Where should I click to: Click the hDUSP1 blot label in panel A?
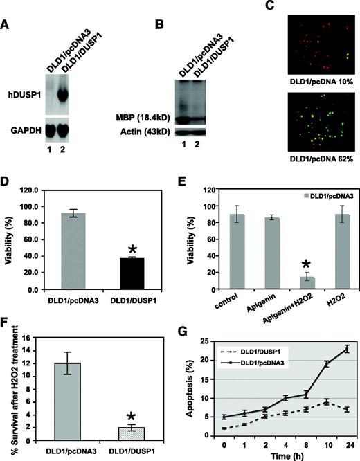[24, 96]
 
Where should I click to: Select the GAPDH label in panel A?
[26, 130]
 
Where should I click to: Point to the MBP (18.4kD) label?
[143, 118]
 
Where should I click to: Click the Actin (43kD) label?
[145, 132]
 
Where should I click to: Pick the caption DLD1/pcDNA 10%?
[321, 82]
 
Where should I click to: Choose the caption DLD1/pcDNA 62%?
[321, 159]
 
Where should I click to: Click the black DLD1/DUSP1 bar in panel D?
[132, 273]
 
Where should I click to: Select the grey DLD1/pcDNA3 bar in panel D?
[73, 251]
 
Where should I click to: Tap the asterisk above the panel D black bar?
[132, 250]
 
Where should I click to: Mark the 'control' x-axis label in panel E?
[226, 301]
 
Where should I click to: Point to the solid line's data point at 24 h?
[347, 350]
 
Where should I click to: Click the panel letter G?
[183, 332]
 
